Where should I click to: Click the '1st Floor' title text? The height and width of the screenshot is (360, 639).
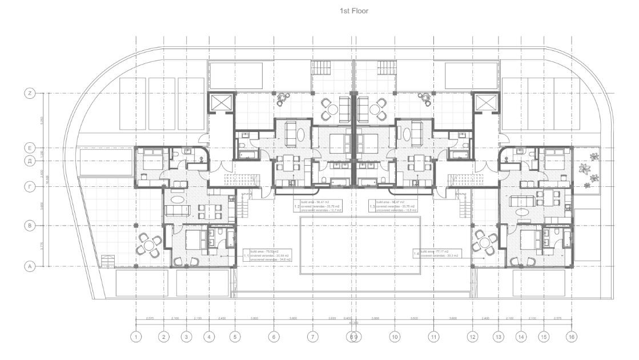coord(355,11)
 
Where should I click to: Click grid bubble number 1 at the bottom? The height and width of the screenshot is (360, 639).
coord(136,337)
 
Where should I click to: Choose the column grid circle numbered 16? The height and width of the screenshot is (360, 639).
coord(571,337)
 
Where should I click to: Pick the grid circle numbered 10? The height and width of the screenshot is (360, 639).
coord(394,337)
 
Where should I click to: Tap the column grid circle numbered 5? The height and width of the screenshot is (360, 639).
coord(235,337)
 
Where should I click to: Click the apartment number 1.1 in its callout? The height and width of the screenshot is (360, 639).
coord(246,255)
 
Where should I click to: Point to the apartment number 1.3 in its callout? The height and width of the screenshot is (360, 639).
coord(372,206)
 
